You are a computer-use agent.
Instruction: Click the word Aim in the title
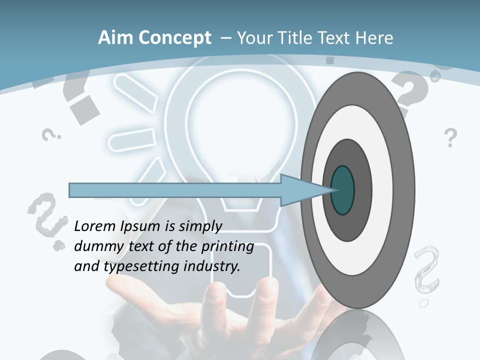(x=115, y=38)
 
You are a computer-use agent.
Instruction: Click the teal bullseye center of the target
(x=343, y=190)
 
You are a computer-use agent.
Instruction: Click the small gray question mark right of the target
(x=450, y=137)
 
